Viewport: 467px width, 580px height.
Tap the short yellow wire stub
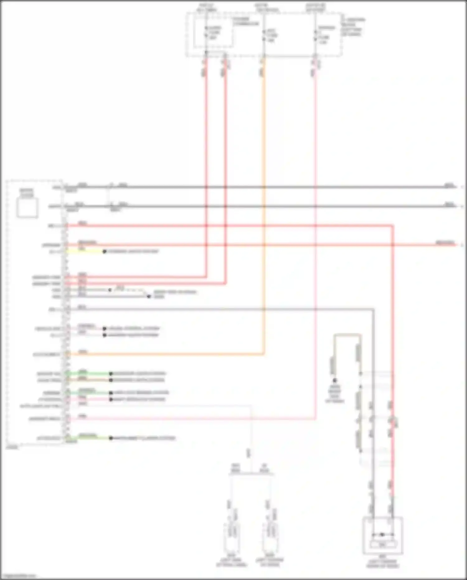tap(84, 252)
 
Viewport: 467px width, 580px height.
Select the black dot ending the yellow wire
tap(105, 252)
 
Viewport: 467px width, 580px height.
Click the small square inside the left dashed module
tap(27, 208)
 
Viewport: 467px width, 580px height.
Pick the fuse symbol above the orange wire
tap(264, 35)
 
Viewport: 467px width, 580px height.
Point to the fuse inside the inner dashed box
tap(206, 32)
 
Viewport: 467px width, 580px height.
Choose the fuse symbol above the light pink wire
tap(315, 35)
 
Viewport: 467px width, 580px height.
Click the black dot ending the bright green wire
tap(111, 373)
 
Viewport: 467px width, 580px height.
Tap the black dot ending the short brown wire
tap(111, 380)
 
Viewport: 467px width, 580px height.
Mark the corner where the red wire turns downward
tap(392, 225)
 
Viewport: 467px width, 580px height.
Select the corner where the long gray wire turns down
tap(373, 309)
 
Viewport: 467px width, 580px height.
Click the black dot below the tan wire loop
tap(335, 381)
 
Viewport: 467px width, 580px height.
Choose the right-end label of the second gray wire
tap(449, 204)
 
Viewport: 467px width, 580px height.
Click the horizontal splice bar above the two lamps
tap(252, 474)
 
